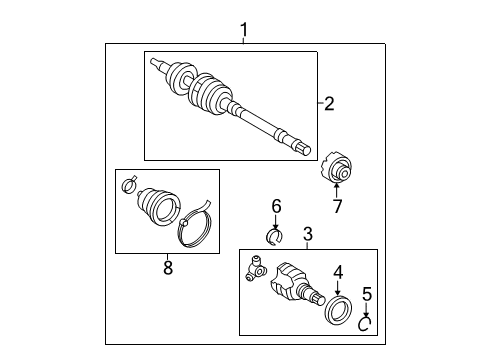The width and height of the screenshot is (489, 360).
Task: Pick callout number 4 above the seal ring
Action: point(339,270)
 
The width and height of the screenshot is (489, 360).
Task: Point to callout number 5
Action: point(366,296)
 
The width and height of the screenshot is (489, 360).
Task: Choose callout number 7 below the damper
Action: point(338,206)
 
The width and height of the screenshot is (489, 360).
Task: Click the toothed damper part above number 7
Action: point(338,167)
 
